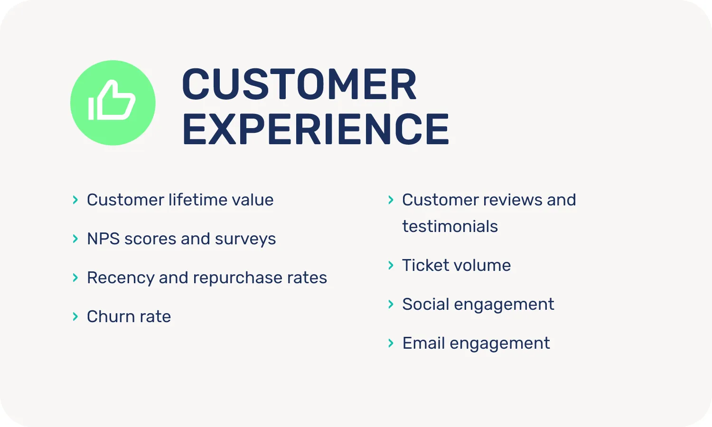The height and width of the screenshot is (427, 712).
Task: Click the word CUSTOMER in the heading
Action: (x=299, y=84)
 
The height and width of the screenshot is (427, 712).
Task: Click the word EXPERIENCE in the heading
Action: (x=316, y=129)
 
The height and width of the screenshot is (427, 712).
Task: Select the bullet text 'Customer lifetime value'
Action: (x=180, y=200)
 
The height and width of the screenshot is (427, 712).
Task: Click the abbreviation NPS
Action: (x=103, y=239)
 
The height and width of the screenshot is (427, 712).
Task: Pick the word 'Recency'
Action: (x=121, y=278)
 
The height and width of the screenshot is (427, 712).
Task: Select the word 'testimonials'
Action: (x=450, y=226)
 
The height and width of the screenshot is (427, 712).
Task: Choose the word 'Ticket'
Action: (x=423, y=265)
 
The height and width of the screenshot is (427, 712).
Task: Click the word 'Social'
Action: (x=425, y=304)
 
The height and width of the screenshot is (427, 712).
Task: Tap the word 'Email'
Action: (x=423, y=343)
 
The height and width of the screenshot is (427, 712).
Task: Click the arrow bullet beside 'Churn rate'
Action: (x=75, y=316)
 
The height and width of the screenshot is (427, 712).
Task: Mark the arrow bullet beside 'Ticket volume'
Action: (x=391, y=265)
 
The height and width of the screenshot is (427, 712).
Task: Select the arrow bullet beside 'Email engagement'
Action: (x=391, y=343)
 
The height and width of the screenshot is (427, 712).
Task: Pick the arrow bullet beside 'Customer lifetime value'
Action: (x=75, y=200)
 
